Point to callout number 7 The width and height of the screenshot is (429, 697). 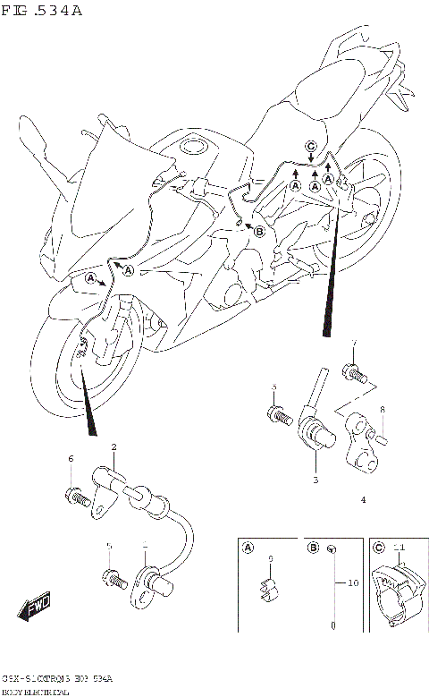pos(354,344)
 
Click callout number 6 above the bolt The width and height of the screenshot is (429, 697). pos(70,459)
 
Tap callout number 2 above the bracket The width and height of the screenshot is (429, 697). pos(114,446)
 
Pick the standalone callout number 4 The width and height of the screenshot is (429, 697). pos(363,500)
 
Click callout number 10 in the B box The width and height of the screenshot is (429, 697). pos(352,582)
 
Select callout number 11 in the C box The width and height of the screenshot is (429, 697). pos(400,547)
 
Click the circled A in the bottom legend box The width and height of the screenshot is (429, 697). pos(248,548)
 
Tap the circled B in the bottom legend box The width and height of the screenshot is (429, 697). pos(314,548)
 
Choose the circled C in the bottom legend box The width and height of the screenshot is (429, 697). pos(378,548)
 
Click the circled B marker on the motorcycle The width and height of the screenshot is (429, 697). pos(260,231)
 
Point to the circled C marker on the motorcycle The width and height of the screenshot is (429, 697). pos(310,146)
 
